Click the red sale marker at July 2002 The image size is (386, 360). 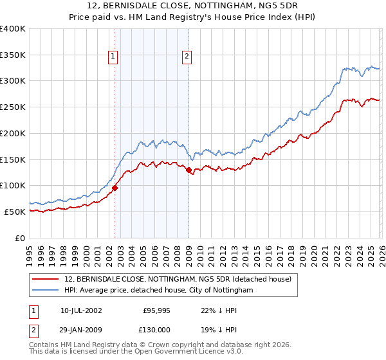pyautogui.click(x=115, y=188)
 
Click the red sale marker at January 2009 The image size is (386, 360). pyautogui.click(x=188, y=170)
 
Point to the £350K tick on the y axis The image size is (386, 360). pyautogui.click(x=13, y=55)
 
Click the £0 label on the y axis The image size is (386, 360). pyautogui.click(x=21, y=238)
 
